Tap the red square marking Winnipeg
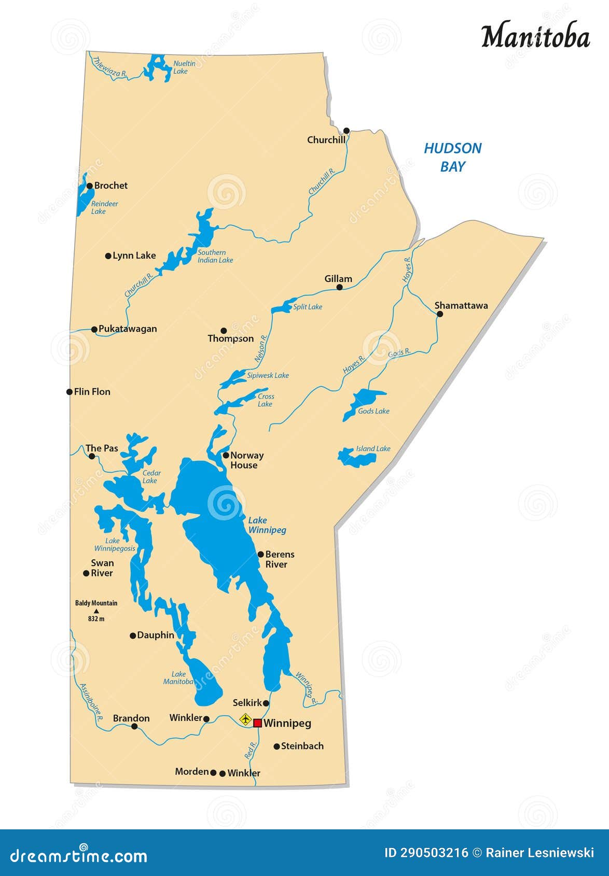(257, 723)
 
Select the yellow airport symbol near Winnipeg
(245, 719)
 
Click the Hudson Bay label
(452, 157)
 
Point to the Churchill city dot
(347, 131)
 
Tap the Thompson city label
(231, 338)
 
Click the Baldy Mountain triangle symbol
(96, 611)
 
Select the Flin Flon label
(92, 392)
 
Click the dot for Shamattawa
(440, 314)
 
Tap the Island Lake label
(373, 449)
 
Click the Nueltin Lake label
(184, 67)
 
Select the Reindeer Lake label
(104, 207)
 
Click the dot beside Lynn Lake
(108, 256)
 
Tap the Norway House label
(246, 460)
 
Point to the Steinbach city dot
(276, 746)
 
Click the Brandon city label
(131, 718)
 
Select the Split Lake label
(308, 307)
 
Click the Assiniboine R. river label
(91, 703)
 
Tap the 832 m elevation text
(96, 619)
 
